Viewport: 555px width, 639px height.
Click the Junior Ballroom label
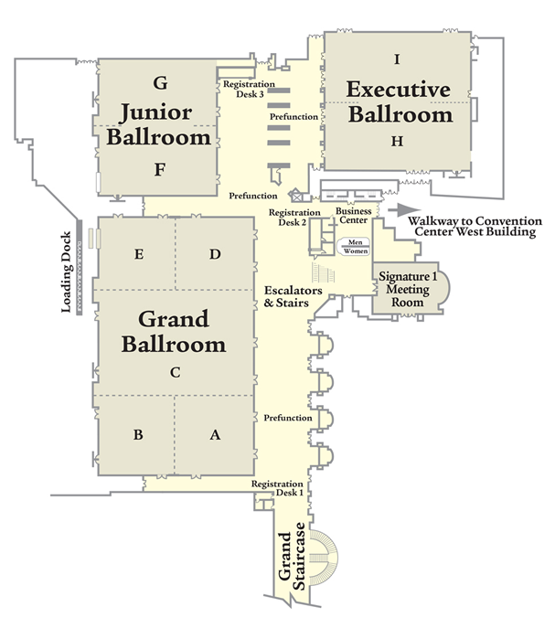click(x=160, y=125)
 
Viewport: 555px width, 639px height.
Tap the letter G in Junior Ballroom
click(x=160, y=83)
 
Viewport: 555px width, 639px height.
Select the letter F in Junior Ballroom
click(x=159, y=169)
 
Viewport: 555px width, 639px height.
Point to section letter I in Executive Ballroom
click(x=397, y=59)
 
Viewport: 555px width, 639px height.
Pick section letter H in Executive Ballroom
click(x=397, y=141)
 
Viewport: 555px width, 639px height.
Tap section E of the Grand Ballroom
click(x=138, y=255)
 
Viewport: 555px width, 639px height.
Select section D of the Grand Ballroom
click(x=215, y=255)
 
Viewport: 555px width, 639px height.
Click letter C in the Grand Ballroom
click(x=175, y=372)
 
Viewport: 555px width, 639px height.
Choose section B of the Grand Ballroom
click(x=137, y=435)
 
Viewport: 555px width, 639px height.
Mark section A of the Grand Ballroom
click(x=215, y=435)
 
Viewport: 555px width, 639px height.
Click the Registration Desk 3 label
click(x=244, y=88)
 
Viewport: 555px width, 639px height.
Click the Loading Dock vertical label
click(x=67, y=278)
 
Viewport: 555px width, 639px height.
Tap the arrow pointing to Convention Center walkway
click(x=395, y=209)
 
